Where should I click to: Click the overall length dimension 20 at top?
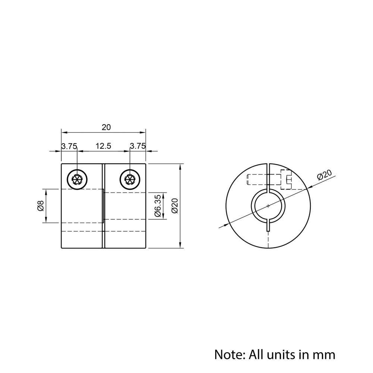pyautogui.click(x=106, y=127)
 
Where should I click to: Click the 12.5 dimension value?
pyautogui.click(x=103, y=146)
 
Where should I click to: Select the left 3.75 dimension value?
pyautogui.click(x=69, y=146)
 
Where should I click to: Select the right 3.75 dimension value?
pyautogui.click(x=137, y=146)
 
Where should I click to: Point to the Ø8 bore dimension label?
pyautogui.click(x=41, y=206)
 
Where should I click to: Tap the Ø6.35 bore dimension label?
pyautogui.click(x=157, y=206)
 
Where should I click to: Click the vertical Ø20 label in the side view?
pyautogui.click(x=175, y=206)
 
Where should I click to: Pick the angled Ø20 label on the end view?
pyautogui.click(x=324, y=175)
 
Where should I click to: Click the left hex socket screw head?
pyautogui.click(x=77, y=180)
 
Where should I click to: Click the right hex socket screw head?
pyautogui.click(x=130, y=180)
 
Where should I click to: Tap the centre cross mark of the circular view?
pyautogui.click(x=268, y=206)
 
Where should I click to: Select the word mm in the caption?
pyautogui.click(x=325, y=354)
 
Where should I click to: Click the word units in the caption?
pyautogui.click(x=280, y=354)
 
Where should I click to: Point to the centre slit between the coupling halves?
pyautogui.click(x=103, y=206)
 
